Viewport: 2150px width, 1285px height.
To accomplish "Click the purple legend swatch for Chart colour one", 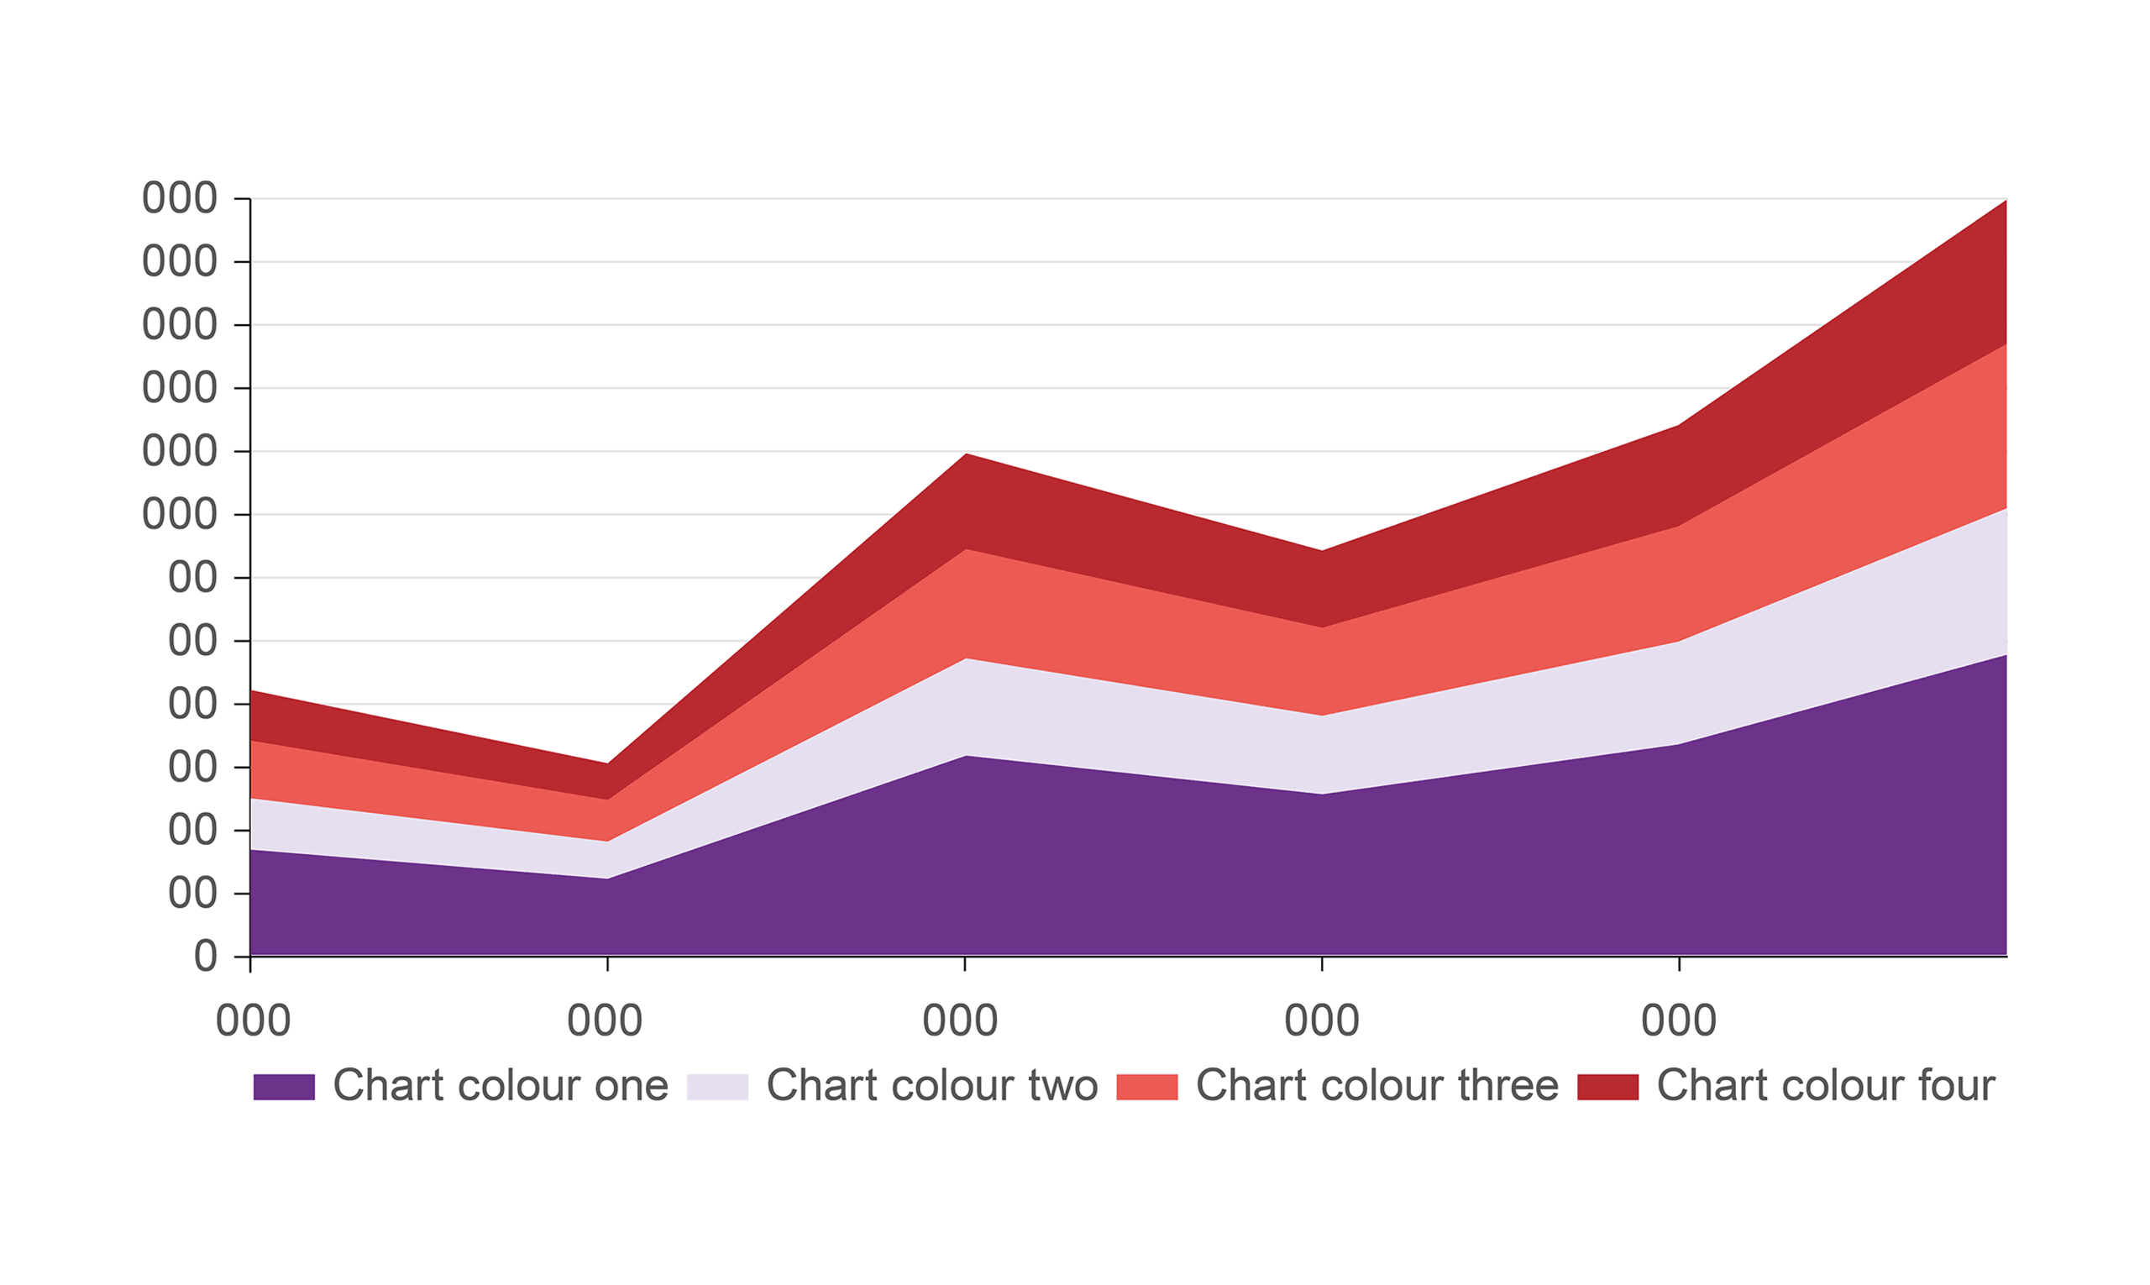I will (283, 1087).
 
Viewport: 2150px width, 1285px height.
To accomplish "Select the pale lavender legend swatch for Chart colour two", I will (717, 1087).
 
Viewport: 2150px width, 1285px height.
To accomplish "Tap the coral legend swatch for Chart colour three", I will (1146, 1087).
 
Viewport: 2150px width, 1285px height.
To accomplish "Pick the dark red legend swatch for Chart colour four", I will (1607, 1087).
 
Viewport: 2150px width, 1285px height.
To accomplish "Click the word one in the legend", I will (631, 1086).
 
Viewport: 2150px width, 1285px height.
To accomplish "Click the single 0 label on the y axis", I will (205, 957).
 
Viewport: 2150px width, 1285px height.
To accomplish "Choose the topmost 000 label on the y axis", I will (179, 198).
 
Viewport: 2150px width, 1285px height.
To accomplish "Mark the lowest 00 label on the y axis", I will (192, 894).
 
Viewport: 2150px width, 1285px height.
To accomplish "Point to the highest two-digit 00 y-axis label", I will (192, 578).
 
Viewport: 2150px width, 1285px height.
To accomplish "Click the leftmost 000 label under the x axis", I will (253, 1021).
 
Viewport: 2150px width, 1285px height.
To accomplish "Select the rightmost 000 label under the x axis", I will (1679, 1021).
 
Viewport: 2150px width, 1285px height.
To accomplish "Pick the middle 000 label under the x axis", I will (960, 1021).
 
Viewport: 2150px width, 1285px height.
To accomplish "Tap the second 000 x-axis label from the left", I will (605, 1021).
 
